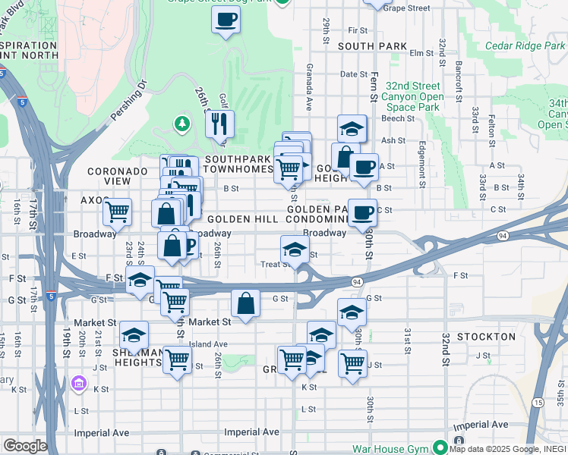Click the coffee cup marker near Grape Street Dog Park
point(226,20)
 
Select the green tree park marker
point(181,122)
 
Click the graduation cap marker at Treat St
point(295,248)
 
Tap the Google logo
point(25,446)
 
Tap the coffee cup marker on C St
point(362,212)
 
